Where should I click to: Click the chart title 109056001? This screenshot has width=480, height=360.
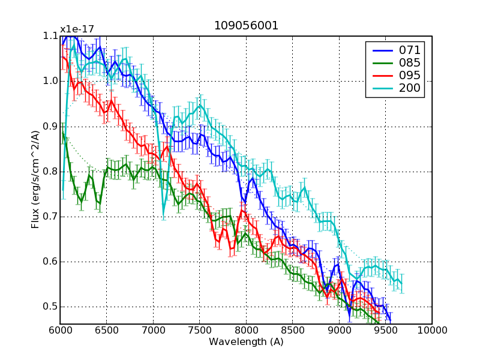(x=246, y=26)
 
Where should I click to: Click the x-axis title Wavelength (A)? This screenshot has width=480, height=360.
(x=246, y=342)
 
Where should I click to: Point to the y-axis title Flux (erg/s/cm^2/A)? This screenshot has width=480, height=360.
(x=35, y=180)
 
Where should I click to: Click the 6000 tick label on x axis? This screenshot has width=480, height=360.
(x=60, y=330)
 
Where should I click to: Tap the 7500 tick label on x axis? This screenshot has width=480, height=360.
(x=200, y=330)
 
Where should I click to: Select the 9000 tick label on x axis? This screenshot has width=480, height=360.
(x=339, y=330)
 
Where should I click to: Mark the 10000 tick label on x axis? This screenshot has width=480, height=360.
(x=432, y=330)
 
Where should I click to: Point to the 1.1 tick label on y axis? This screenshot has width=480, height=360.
(x=50, y=36)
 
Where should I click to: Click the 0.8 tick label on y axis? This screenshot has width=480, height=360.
(x=50, y=171)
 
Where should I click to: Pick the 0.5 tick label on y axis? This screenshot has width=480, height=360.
(x=50, y=307)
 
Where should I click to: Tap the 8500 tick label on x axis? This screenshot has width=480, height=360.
(x=293, y=330)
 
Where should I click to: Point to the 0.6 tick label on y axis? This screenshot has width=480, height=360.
(x=50, y=262)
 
